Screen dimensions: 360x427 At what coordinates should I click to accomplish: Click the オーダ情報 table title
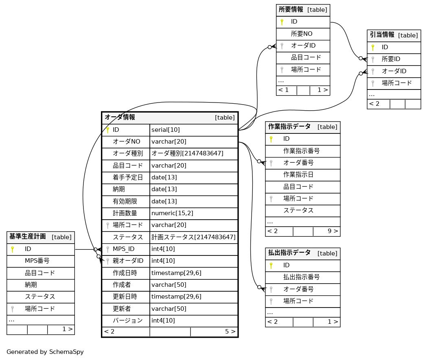[120, 118]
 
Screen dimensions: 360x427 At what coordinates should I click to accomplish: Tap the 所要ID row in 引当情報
[391, 59]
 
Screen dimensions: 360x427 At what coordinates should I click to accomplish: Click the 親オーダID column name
[128, 261]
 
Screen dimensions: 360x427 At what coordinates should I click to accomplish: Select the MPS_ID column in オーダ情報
[123, 249]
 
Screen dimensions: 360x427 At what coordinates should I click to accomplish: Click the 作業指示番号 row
[301, 151]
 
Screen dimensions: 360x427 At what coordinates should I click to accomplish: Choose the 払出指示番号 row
[301, 277]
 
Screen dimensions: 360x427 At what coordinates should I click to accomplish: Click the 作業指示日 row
[298, 175]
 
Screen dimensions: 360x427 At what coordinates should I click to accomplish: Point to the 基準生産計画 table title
[28, 237]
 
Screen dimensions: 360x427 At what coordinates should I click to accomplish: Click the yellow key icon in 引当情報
[372, 48]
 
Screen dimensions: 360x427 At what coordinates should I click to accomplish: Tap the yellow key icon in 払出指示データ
[271, 266]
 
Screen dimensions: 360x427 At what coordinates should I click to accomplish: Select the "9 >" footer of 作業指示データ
[333, 231]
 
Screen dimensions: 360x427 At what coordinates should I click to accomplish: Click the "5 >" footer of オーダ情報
[230, 332]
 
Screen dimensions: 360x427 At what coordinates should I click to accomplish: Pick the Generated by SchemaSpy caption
[45, 352]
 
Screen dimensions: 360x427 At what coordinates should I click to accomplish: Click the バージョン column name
[127, 321]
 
